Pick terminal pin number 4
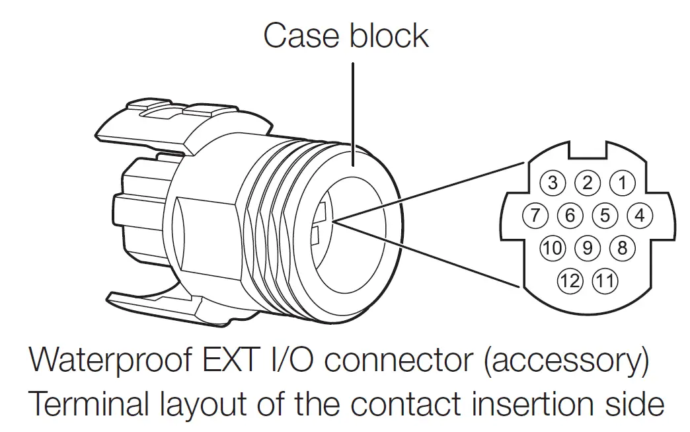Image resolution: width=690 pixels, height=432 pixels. pyautogui.click(x=638, y=216)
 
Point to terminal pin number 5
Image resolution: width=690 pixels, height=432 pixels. pyautogui.click(x=605, y=216)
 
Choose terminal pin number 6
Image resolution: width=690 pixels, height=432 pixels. pyautogui.click(x=570, y=216)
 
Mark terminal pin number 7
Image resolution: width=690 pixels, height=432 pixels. pyautogui.click(x=536, y=216)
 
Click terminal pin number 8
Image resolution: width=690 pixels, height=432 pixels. pyautogui.click(x=621, y=249)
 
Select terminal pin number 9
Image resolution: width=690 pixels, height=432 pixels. pyautogui.click(x=587, y=249)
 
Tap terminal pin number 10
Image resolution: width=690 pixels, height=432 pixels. pyautogui.click(x=553, y=249)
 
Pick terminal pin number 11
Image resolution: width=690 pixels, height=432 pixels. pyautogui.click(x=604, y=281)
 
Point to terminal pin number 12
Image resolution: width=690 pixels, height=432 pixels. pyautogui.click(x=570, y=281)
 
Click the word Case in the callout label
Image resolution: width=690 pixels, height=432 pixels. pyautogui.click(x=302, y=36)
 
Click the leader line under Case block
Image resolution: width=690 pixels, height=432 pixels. pyautogui.click(x=353, y=112)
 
